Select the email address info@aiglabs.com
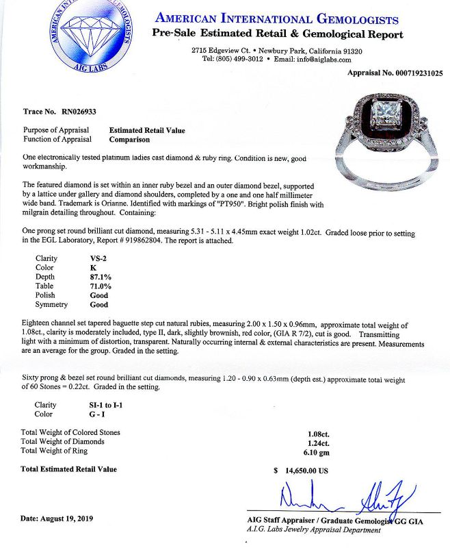pyautogui.click(x=332, y=59)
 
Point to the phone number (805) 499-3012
pyautogui.click(x=242, y=59)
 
